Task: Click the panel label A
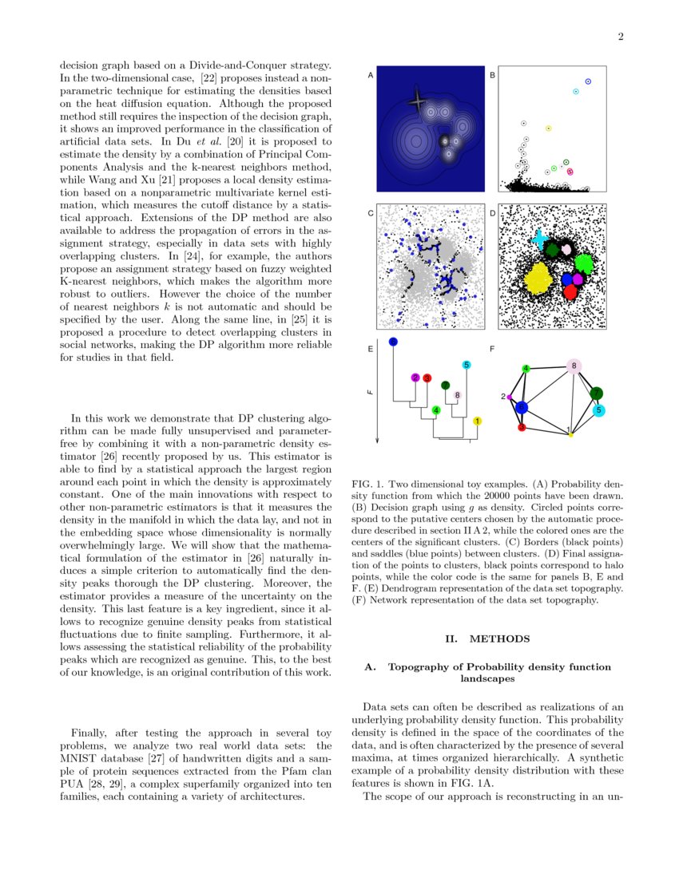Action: pos(370,76)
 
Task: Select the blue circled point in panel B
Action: pos(589,81)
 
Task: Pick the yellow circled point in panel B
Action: pos(548,128)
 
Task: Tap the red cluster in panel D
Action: pos(570,292)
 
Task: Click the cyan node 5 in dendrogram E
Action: pos(467,365)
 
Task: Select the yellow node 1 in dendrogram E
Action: pos(477,421)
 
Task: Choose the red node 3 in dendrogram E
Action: pos(427,378)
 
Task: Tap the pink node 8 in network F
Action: pos(574,366)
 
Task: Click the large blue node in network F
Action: pos(521,407)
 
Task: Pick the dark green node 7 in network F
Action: pos(596,393)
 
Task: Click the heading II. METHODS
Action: pos(486,639)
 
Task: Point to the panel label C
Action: pos(370,213)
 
